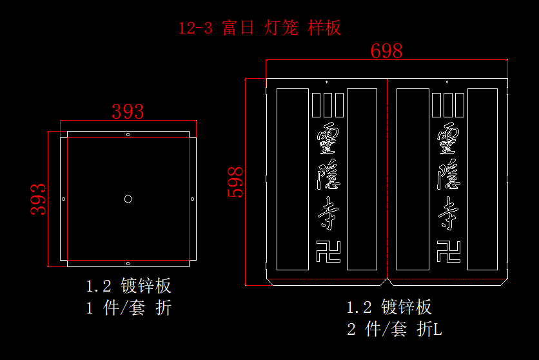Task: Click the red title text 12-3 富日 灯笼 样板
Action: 259,28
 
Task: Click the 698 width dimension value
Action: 386,51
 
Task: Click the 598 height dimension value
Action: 236,182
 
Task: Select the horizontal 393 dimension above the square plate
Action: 128,112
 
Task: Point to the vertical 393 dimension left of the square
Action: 39,199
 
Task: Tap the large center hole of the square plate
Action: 128,199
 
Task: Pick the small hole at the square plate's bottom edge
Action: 128,263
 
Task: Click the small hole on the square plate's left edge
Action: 63,199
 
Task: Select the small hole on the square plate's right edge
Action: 193,199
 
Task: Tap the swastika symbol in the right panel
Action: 449,251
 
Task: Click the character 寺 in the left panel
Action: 328,214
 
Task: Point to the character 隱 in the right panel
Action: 449,175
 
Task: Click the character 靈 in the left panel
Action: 328,137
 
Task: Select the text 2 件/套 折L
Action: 394,329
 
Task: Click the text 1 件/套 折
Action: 129,308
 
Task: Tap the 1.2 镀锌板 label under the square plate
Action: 129,286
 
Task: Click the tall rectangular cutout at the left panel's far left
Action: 292,179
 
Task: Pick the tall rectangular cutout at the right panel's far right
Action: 482,179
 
